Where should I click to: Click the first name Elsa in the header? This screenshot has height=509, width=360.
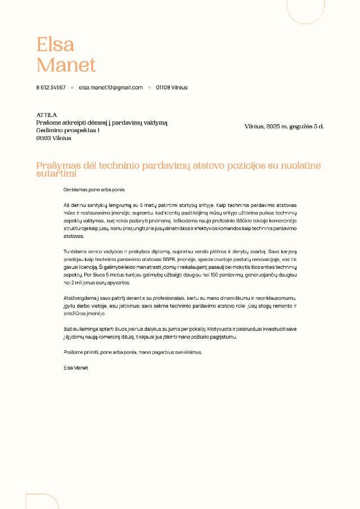coord(55,44)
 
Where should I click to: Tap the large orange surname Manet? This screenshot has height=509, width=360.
coord(66,65)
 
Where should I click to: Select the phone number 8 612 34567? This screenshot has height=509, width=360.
coord(51,88)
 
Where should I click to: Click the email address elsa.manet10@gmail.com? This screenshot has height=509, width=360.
coord(111,88)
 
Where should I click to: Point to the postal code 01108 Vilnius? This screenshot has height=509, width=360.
coord(172,88)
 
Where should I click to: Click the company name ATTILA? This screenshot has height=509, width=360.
coord(47,115)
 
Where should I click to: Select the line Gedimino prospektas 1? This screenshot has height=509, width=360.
coord(67,130)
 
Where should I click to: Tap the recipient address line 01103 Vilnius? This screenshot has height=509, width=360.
coord(53,138)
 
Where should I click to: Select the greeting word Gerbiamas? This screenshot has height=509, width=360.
coord(75,190)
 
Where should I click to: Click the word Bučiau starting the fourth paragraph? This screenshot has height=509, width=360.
coord(71,328)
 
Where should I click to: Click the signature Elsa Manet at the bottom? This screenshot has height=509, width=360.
coord(76,367)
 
